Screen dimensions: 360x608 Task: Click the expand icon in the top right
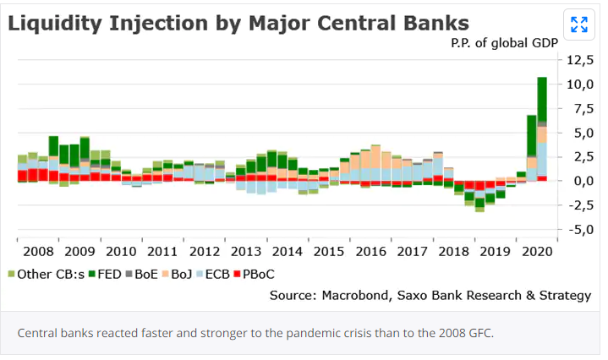coord(579,24)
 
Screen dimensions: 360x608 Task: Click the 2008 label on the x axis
coord(38,252)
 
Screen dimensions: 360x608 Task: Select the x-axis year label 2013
coord(246,252)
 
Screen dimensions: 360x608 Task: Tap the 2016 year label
coord(370,252)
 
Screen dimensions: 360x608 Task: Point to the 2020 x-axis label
coord(537,252)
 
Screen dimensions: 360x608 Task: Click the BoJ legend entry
coord(178,274)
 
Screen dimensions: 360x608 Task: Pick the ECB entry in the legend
coord(215,274)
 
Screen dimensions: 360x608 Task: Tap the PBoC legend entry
coord(255,274)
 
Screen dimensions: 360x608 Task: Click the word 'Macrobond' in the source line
coord(348,295)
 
